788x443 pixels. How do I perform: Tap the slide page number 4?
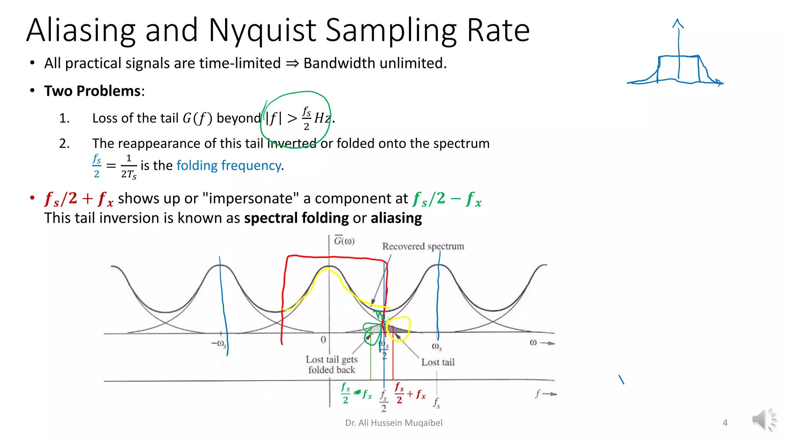click(x=725, y=423)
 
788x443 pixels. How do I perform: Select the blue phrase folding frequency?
click(x=229, y=165)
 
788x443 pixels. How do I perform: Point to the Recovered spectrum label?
click(x=423, y=246)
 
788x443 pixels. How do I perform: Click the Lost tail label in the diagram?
click(x=438, y=362)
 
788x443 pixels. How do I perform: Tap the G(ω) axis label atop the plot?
click(x=344, y=241)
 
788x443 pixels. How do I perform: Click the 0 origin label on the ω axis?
click(x=323, y=340)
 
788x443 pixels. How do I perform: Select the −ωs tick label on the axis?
click(x=219, y=343)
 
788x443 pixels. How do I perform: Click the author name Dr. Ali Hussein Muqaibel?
click(x=394, y=423)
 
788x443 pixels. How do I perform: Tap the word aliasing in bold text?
click(x=396, y=218)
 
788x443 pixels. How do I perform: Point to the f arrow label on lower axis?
click(x=546, y=394)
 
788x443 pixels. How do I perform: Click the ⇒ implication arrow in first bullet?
click(x=292, y=63)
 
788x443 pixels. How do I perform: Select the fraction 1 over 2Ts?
click(x=129, y=166)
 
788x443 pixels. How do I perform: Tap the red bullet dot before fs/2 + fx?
click(x=32, y=198)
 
